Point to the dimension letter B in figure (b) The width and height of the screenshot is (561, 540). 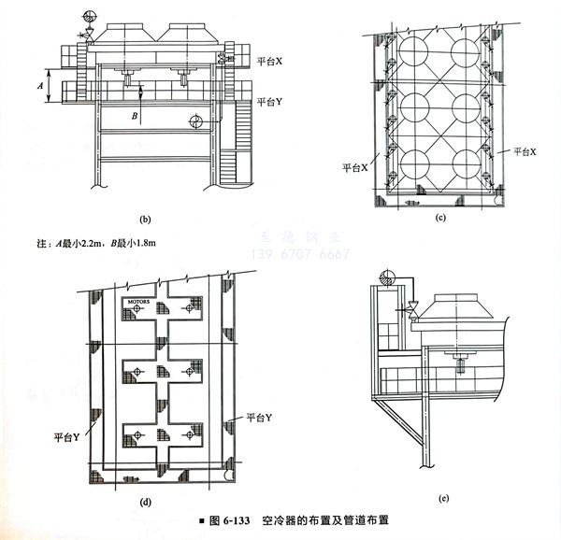click(x=135, y=116)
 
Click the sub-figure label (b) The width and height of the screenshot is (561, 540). click(x=144, y=220)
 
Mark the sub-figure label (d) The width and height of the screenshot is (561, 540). click(x=145, y=502)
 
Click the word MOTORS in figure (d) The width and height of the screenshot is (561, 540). click(x=139, y=302)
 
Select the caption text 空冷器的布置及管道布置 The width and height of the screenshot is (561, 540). click(x=324, y=519)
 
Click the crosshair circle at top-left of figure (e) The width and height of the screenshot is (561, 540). click(x=383, y=277)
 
